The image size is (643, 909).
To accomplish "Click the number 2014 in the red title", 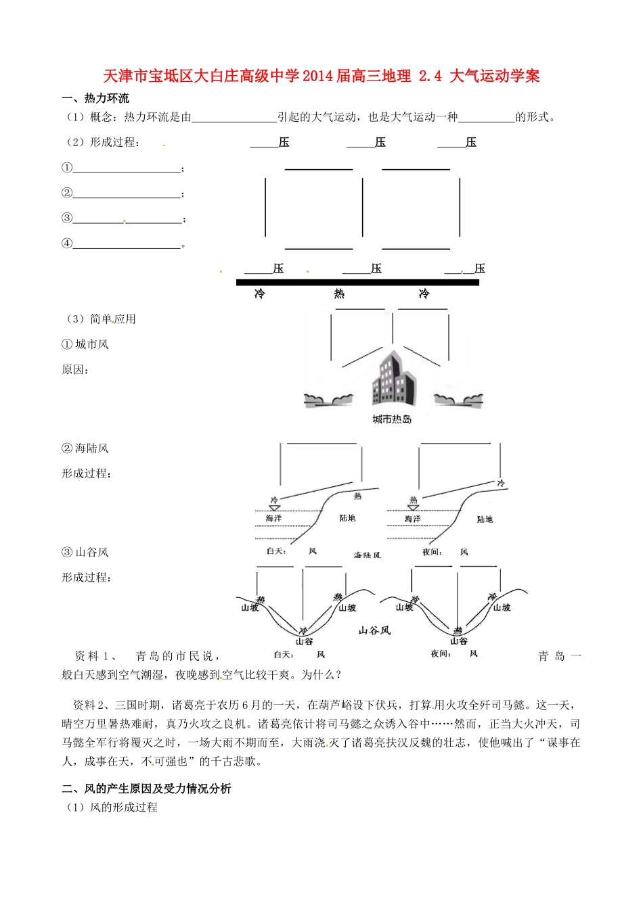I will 317,76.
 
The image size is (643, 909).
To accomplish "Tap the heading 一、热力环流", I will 95,99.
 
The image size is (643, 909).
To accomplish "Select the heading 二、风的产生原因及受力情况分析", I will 146,789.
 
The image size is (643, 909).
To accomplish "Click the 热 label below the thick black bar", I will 339,294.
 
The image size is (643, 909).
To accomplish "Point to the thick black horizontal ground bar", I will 357,282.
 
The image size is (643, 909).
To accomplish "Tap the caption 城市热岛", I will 392,419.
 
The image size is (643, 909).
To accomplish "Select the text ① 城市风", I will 85,344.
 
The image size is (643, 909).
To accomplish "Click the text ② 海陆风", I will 85,448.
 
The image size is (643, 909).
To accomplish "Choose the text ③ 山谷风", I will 85,553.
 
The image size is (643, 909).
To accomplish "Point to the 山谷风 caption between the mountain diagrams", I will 374,630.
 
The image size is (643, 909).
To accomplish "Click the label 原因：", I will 76,370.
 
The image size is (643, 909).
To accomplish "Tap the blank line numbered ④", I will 127,244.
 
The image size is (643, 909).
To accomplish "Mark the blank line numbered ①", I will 127,168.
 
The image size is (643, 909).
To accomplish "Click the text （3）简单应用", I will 100,319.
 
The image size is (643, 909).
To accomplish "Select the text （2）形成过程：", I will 102,143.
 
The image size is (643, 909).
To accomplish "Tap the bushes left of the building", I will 329,400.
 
